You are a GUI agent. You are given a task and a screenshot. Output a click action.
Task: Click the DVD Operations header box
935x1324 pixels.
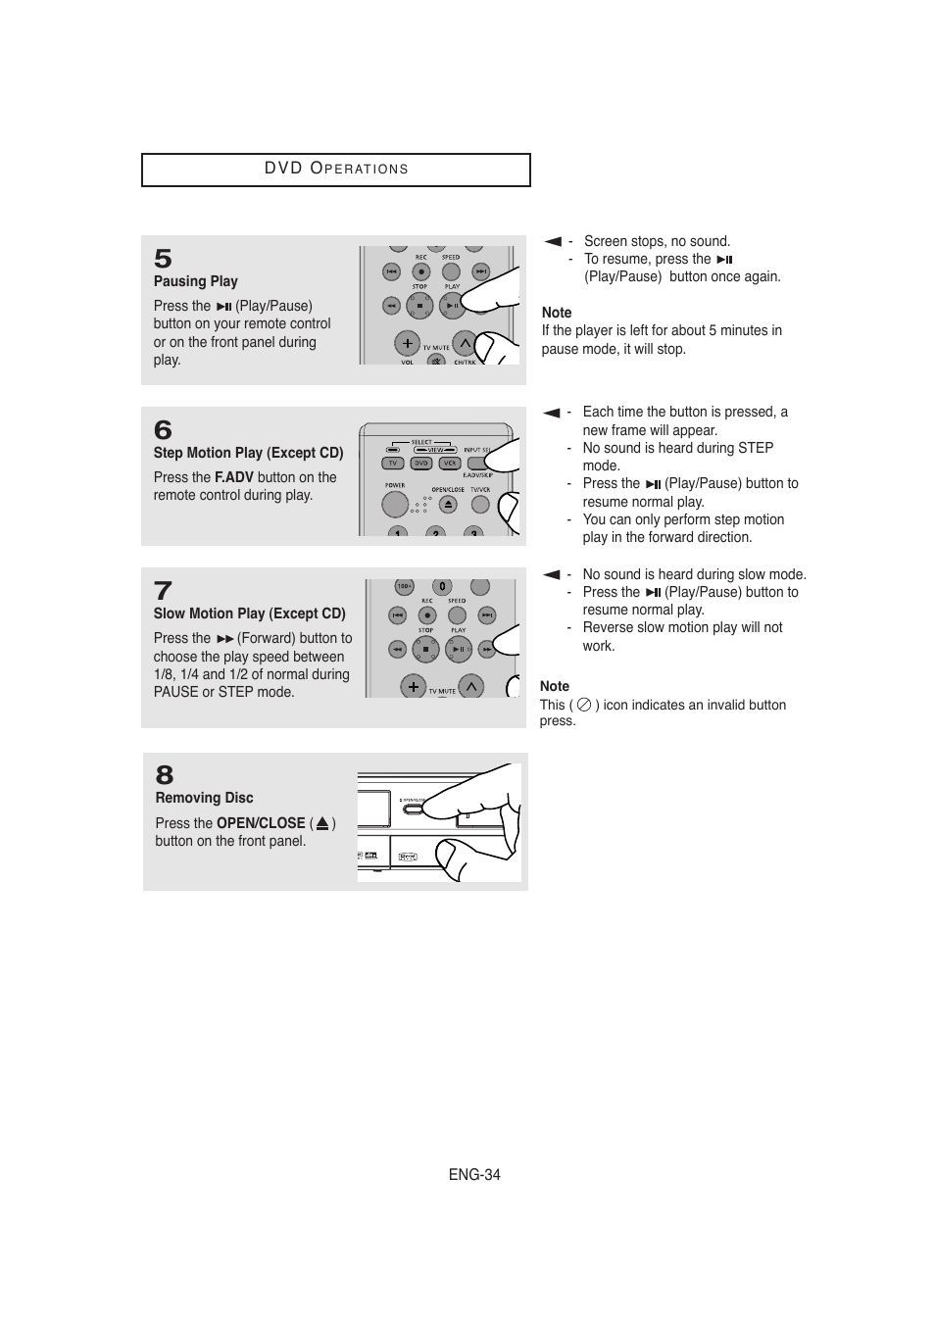click(x=335, y=170)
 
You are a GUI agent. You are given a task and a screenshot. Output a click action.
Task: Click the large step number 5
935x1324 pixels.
click(x=163, y=259)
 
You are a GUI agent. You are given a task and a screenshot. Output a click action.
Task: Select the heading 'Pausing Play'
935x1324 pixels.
click(x=195, y=281)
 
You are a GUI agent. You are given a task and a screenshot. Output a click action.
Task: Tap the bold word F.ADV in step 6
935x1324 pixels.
click(x=233, y=477)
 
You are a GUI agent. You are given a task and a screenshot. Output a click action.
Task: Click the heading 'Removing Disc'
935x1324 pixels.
click(x=204, y=798)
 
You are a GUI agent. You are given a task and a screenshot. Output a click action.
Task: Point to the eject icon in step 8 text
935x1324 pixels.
click(x=322, y=824)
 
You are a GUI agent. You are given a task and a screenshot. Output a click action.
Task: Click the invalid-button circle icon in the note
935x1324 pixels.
click(x=584, y=705)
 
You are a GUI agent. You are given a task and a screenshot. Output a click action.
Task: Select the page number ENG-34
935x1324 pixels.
click(x=474, y=1174)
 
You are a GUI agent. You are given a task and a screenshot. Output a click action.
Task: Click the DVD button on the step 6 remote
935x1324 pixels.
click(x=420, y=464)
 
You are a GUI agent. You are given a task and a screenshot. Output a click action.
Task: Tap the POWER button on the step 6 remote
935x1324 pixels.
click(x=395, y=504)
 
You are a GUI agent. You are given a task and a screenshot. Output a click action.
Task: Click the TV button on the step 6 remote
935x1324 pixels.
click(x=392, y=464)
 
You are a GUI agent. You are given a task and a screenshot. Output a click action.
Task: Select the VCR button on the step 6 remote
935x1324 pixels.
click(x=450, y=464)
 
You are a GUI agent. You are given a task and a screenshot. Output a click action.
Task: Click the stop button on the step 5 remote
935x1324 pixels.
click(x=419, y=306)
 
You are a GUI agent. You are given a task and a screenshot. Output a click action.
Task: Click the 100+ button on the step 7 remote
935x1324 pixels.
click(x=404, y=587)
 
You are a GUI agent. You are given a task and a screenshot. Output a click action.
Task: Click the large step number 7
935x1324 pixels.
click(x=163, y=591)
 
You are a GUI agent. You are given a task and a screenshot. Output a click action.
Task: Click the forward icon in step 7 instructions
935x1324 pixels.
click(x=224, y=639)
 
